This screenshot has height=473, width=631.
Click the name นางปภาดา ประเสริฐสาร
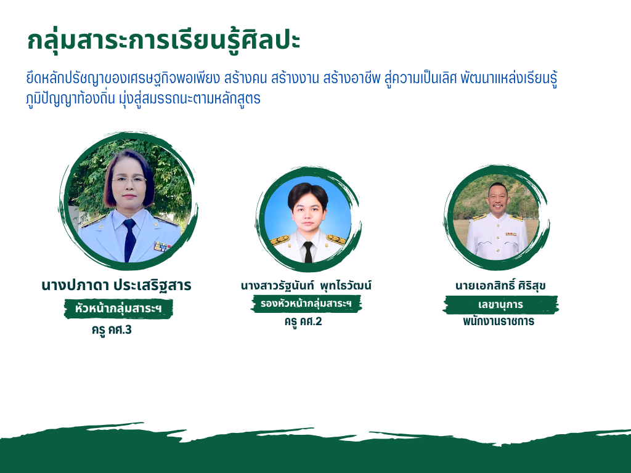[x=116, y=285]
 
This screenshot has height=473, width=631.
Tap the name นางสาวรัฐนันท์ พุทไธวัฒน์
[x=306, y=286]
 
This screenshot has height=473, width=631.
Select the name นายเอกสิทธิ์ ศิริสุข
[x=500, y=285]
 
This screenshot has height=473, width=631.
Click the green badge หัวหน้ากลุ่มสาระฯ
[x=118, y=309]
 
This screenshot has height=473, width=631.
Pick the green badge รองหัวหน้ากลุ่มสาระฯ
[x=306, y=303]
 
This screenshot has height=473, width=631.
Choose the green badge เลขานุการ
[x=500, y=304]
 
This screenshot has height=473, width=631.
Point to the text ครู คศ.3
[x=112, y=330]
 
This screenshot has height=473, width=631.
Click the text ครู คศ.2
[x=303, y=321]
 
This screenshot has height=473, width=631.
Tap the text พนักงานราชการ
[x=499, y=321]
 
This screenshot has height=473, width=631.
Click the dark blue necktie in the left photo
[x=129, y=240]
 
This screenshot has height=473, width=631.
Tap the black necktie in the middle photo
[x=308, y=252]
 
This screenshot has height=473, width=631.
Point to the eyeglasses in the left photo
[x=129, y=180]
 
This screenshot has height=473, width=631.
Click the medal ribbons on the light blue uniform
[x=161, y=246]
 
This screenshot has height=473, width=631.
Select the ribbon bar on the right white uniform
[x=511, y=234]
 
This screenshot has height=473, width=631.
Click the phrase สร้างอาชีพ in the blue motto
[x=352, y=78]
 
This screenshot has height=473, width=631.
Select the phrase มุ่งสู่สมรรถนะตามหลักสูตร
[x=190, y=98]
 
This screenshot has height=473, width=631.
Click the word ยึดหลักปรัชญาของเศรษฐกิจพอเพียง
[x=123, y=78]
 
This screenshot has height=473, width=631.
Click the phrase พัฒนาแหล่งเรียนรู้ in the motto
[x=509, y=78]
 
